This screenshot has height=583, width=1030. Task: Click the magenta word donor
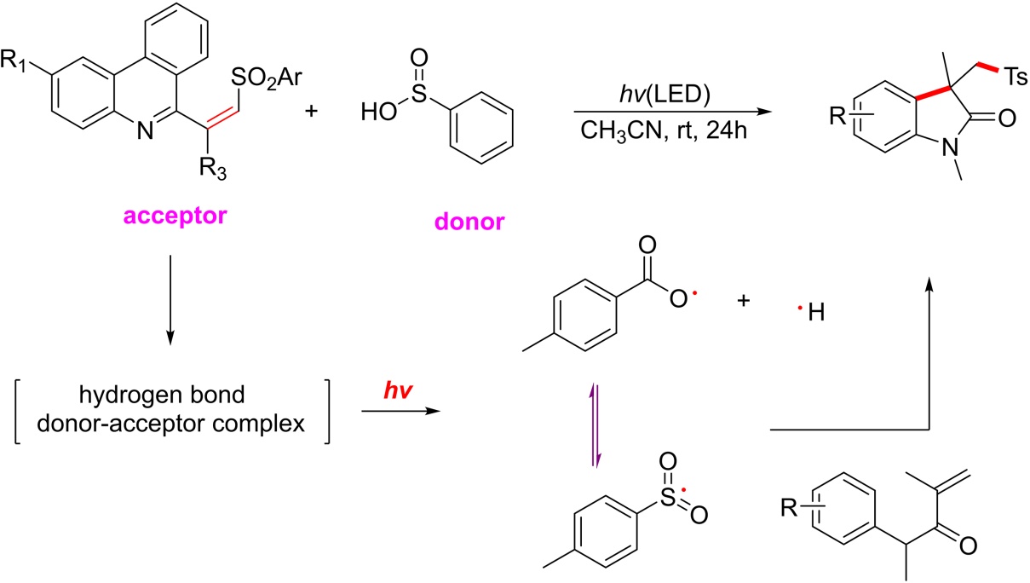(465, 223)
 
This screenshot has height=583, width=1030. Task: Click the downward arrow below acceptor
(170, 297)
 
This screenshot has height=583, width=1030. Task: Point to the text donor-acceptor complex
(171, 424)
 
